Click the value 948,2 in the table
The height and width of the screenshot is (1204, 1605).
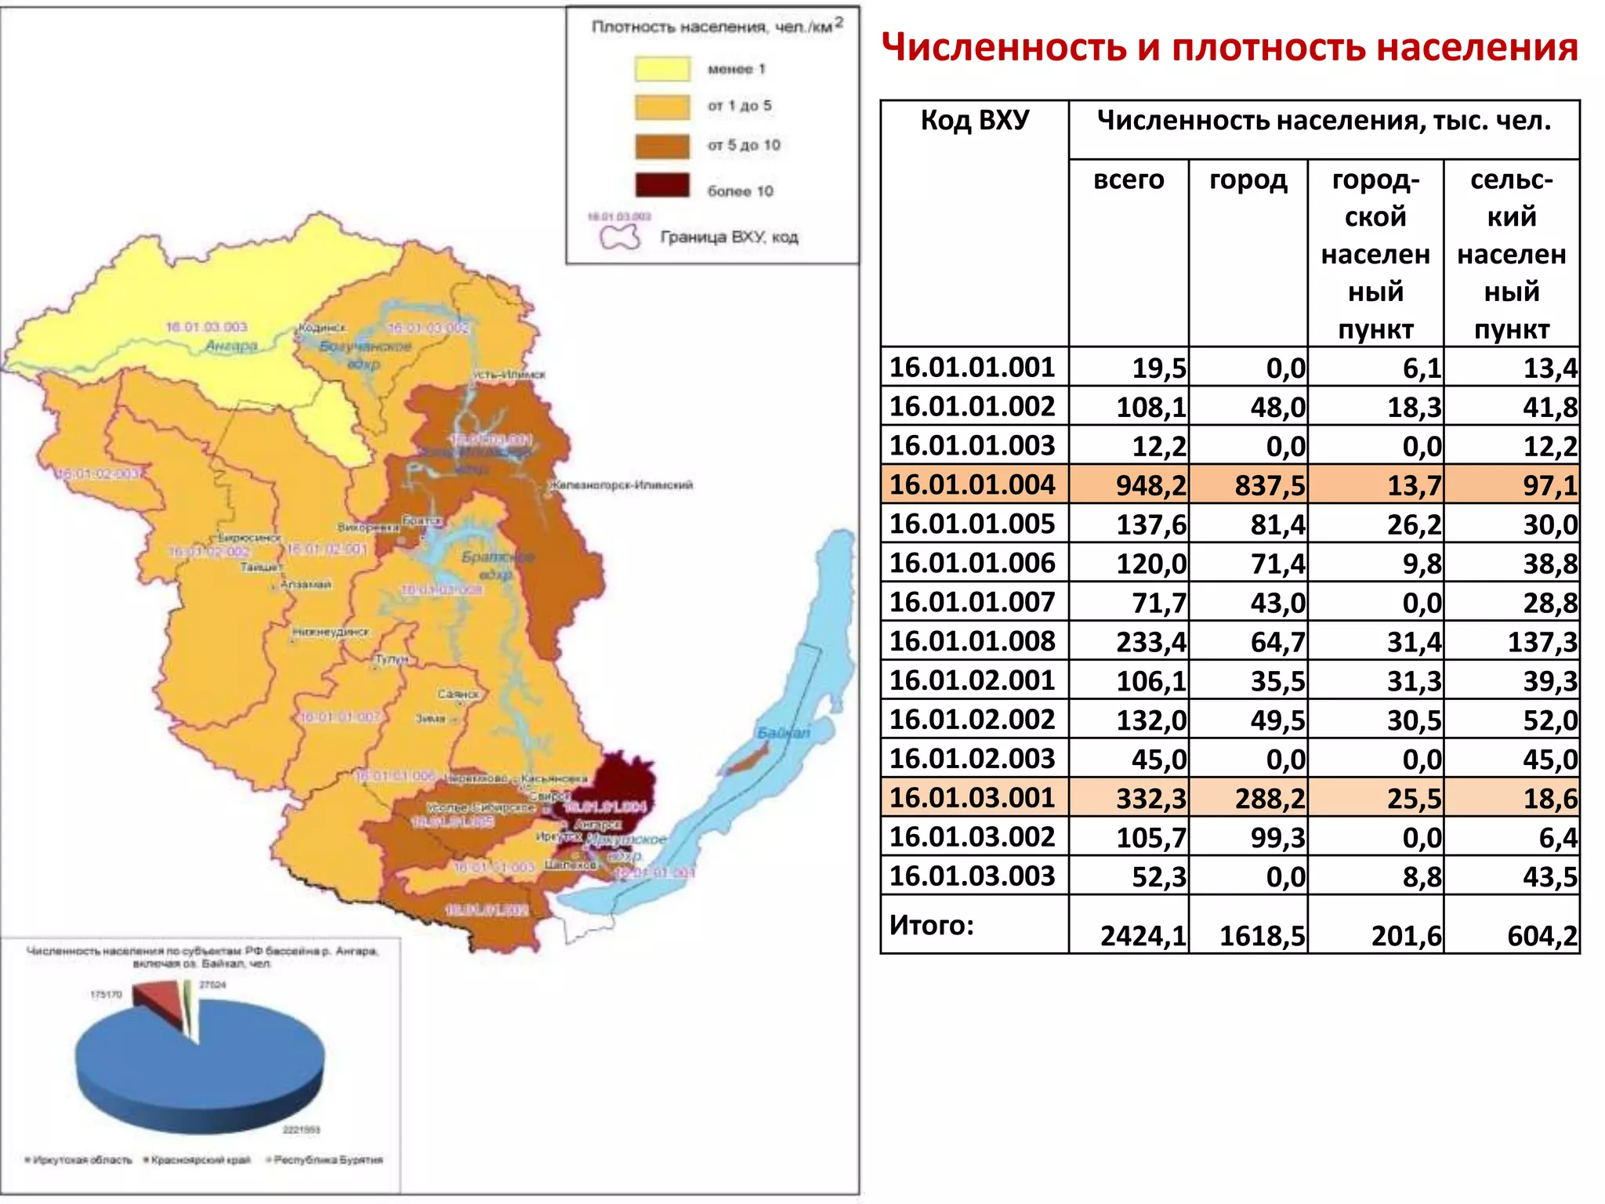pyautogui.click(x=1150, y=485)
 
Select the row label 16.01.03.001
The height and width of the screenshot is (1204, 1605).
pyautogui.click(x=972, y=798)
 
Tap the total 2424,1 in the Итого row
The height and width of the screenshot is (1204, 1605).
pyautogui.click(x=1143, y=936)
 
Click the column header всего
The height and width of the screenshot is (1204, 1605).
pyautogui.click(x=1129, y=180)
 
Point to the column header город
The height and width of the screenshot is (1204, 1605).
pyautogui.click(x=1248, y=180)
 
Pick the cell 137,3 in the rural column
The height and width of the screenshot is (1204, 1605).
pyautogui.click(x=1542, y=642)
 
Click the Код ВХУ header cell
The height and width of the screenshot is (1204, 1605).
pyautogui.click(x=974, y=120)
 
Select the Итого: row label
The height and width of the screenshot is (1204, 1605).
pyautogui.click(x=931, y=925)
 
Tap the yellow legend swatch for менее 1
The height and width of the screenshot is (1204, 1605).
pyautogui.click(x=662, y=69)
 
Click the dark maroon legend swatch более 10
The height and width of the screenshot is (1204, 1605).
pyautogui.click(x=662, y=186)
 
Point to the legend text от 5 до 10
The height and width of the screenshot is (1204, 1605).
pyautogui.click(x=744, y=145)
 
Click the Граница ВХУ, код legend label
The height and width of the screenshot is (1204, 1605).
pyautogui.click(x=729, y=237)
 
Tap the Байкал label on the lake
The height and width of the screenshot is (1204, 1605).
pyautogui.click(x=783, y=732)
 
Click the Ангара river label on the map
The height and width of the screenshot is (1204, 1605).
pyautogui.click(x=231, y=346)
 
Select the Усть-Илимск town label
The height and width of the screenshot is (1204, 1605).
pyautogui.click(x=509, y=375)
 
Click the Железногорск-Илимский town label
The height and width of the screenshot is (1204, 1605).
pyautogui.click(x=621, y=485)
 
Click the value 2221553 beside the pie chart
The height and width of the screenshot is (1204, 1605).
pyautogui.click(x=301, y=1130)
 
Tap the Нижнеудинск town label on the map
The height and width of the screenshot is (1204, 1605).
pyautogui.click(x=330, y=632)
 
